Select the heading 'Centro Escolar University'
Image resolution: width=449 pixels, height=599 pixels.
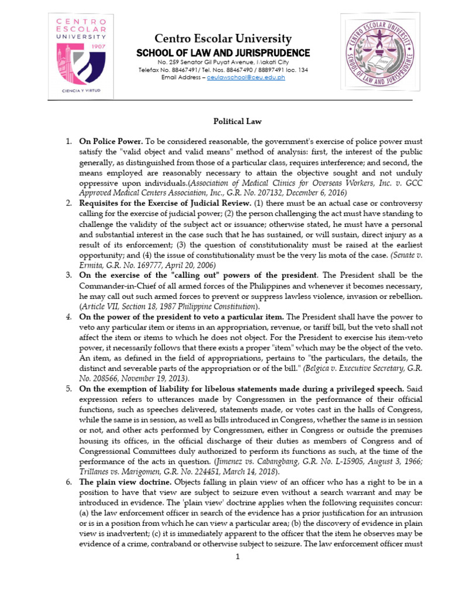(x=223, y=39)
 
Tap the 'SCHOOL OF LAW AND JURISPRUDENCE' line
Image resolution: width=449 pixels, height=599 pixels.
(x=223, y=53)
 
